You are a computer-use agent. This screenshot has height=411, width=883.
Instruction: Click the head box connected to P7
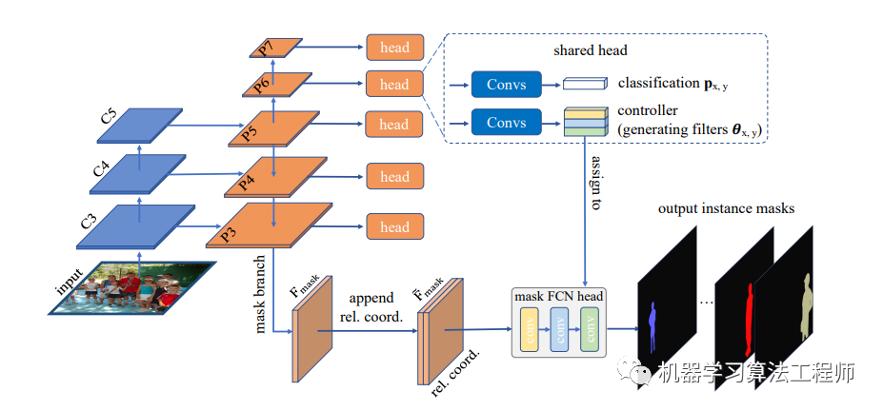pyautogui.click(x=394, y=48)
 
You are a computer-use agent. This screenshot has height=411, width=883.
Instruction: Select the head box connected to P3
pyautogui.click(x=394, y=227)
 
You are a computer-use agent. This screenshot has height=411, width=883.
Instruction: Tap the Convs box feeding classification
pyautogui.click(x=506, y=85)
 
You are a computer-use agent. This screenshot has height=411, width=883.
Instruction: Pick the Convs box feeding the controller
pyautogui.click(x=506, y=123)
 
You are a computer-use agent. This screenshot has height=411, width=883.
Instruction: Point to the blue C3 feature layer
pyautogui.click(x=129, y=226)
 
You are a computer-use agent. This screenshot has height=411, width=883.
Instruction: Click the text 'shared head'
pyautogui.click(x=591, y=49)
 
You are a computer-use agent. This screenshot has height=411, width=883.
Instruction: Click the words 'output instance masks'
pyautogui.click(x=727, y=207)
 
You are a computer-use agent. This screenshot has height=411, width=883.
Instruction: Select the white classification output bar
pyautogui.click(x=585, y=85)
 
